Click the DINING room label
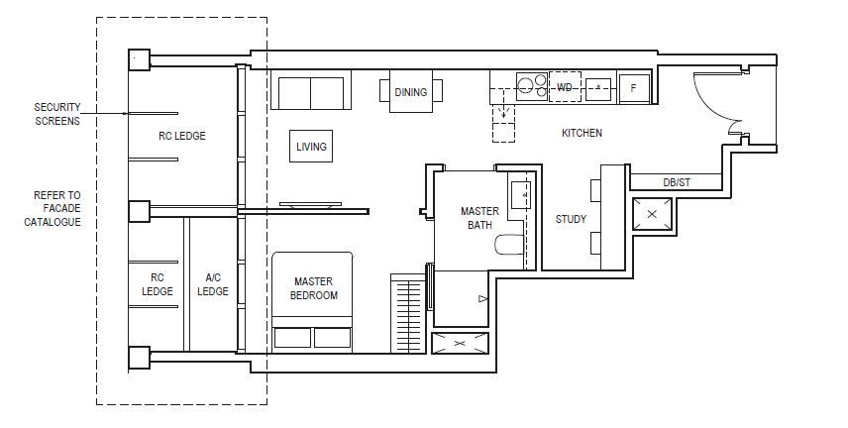pyautogui.click(x=410, y=92)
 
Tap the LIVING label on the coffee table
pyautogui.click(x=311, y=147)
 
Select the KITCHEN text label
pyautogui.click(x=582, y=133)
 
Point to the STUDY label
pyautogui.click(x=571, y=219)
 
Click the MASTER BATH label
pyautogui.click(x=479, y=218)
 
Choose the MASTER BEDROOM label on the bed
pyautogui.click(x=314, y=288)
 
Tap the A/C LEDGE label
pyautogui.click(x=213, y=284)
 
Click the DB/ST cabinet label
pyautogui.click(x=677, y=182)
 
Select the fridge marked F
pyautogui.click(x=634, y=87)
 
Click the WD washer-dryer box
pyautogui.click(x=565, y=86)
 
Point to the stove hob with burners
pyautogui.click(x=532, y=86)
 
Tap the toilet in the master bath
pyautogui.click(x=509, y=244)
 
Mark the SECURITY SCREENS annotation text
pyautogui.click(x=57, y=114)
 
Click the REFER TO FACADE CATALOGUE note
pyautogui.click(x=53, y=208)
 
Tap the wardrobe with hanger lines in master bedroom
pyautogui.click(x=408, y=313)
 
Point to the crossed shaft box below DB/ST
pyautogui.click(x=652, y=214)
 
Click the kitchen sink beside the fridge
pyautogui.click(x=598, y=89)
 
